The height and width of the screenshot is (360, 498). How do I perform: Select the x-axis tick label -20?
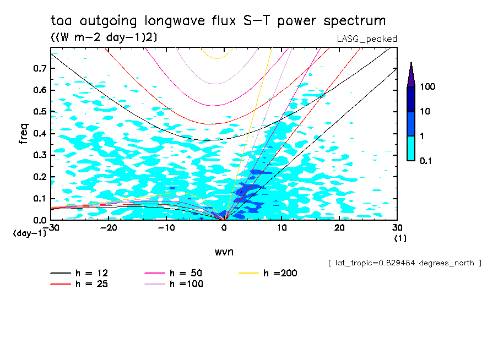click(109, 228)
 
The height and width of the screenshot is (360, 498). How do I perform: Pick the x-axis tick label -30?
click(51, 228)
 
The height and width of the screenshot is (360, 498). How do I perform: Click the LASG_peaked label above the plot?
click(367, 39)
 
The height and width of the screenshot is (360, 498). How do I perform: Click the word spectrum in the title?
click(356, 21)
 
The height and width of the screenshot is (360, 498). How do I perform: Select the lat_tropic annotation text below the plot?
click(404, 263)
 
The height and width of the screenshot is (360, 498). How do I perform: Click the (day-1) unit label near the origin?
click(29, 233)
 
